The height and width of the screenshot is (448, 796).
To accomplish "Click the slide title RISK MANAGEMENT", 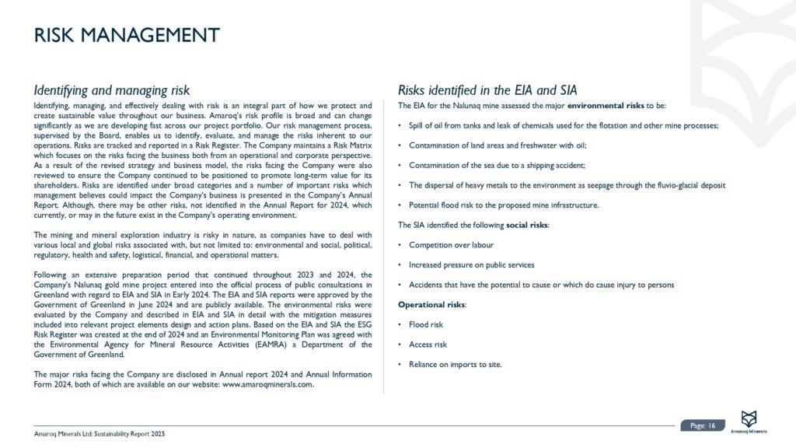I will pos(127,36).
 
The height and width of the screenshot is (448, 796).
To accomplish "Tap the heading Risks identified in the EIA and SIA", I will pos(487,90).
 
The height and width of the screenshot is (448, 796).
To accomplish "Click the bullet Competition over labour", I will pos(451,244).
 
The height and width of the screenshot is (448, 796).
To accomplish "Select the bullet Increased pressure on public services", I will pos(472,264).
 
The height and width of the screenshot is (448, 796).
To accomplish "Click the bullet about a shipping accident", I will pos(497,165).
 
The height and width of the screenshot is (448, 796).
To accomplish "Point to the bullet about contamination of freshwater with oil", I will pos(497,145).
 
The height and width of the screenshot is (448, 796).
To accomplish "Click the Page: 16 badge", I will pos(703,425).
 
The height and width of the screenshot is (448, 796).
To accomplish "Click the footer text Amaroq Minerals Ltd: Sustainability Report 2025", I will pos(99,432).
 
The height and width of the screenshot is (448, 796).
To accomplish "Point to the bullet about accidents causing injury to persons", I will pos(541,285).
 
